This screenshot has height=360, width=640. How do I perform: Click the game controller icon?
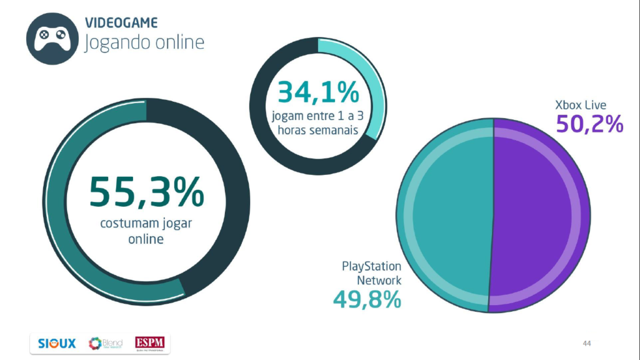pyautogui.click(x=51, y=38)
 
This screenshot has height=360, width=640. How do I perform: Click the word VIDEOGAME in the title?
pyautogui.click(x=121, y=23)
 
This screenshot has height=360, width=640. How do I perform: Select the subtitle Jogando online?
pyautogui.click(x=144, y=42)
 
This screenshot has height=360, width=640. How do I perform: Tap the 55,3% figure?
pyautogui.click(x=146, y=192)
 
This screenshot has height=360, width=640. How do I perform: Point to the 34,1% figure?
pyautogui.click(x=318, y=92)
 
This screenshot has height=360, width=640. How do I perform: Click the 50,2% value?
pyautogui.click(x=589, y=123)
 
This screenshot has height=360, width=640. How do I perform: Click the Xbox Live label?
pyautogui.click(x=581, y=104)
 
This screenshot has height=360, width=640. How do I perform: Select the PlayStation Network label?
pyautogui.click(x=371, y=274)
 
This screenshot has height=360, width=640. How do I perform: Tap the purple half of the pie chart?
pyautogui.click(x=541, y=216)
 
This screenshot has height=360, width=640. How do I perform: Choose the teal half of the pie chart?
pyautogui.click(x=445, y=216)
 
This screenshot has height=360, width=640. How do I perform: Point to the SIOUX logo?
pyautogui.click(x=57, y=343)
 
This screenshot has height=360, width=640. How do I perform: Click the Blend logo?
pyautogui.click(x=106, y=343)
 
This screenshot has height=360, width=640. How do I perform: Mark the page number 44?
pyautogui.click(x=586, y=343)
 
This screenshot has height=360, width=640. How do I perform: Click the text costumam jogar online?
pyautogui.click(x=146, y=231)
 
